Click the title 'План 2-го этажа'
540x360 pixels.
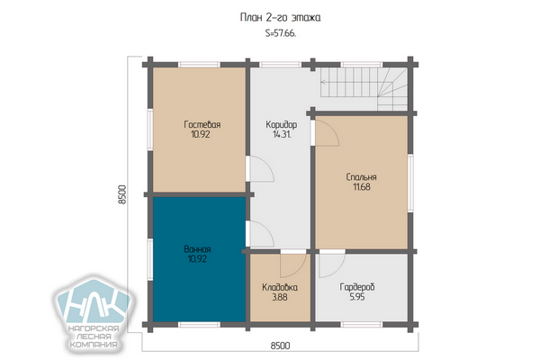(x=280, y=18)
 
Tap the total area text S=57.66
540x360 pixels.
(x=281, y=34)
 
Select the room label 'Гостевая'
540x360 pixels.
(x=202, y=124)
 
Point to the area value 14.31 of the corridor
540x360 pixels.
(x=282, y=134)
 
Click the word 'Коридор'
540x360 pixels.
(x=282, y=124)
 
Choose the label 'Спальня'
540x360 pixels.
(x=361, y=177)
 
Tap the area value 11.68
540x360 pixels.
(x=362, y=187)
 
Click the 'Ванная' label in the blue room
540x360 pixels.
(x=197, y=248)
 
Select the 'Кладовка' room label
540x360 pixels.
(x=280, y=287)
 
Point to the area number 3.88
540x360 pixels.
(x=280, y=297)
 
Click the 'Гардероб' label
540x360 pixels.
(x=357, y=287)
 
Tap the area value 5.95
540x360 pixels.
(x=357, y=297)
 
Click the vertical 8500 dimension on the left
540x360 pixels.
(x=122, y=194)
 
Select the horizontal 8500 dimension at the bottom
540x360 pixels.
(x=280, y=346)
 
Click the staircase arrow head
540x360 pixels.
(x=323, y=82)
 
